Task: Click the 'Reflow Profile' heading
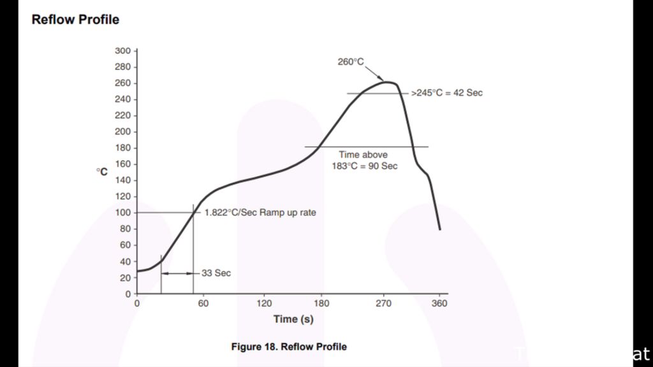coord(75,20)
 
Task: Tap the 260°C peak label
coord(351,62)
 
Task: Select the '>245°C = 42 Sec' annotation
coord(446,93)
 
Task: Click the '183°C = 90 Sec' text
coord(364,166)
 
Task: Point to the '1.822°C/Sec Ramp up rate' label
coord(260,213)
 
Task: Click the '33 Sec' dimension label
coord(216,273)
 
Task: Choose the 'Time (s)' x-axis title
coord(293,319)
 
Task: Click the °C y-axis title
coord(102,172)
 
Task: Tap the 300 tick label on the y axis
coord(122,50)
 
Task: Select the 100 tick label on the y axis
coord(122,213)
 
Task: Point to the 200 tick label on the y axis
coord(122,132)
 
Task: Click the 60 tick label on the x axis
coord(203,304)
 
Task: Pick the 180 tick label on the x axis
coord(322,304)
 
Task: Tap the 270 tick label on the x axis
coord(383,304)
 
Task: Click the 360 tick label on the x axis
coord(440,304)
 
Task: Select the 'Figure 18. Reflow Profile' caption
coord(289,347)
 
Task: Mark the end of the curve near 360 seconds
coord(439,228)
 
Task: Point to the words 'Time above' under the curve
coord(363,155)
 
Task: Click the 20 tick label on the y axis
coord(125,278)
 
